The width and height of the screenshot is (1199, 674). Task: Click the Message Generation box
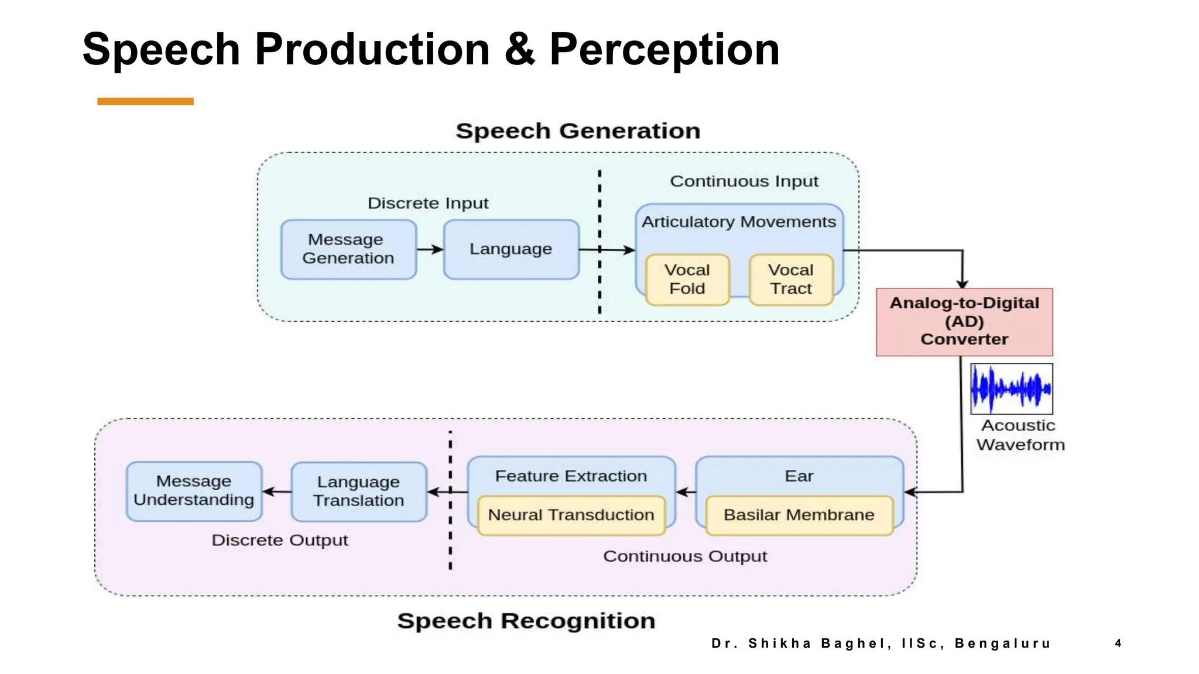coord(348,249)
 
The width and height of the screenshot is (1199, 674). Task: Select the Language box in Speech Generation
coord(511,249)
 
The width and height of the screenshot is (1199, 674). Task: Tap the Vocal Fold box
coord(687,280)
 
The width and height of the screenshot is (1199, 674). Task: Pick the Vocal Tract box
coord(791,280)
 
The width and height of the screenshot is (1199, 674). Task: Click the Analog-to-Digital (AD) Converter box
coord(964,322)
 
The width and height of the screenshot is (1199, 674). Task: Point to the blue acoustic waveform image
coord(1011,388)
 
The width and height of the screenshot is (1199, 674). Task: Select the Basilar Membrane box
coord(799,515)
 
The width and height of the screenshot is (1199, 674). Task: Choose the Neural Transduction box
coord(571,515)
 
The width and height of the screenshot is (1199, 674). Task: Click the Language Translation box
coord(358,491)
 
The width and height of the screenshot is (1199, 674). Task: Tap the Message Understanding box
coord(194,491)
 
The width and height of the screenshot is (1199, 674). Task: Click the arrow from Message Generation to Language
coord(430,249)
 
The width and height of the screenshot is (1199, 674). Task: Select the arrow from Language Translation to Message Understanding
coord(277,491)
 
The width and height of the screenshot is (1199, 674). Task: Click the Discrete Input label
coord(427,203)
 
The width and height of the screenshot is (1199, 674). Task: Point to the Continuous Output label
coord(684,556)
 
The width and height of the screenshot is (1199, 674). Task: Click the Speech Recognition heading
coord(526,621)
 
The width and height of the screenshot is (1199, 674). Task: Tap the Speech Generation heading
coord(578,131)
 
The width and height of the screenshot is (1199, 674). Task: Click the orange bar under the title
coord(145,101)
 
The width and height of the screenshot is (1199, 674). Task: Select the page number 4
coord(1118,643)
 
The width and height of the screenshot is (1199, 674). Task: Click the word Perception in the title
coord(664,49)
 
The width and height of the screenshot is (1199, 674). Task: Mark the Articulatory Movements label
coord(738,222)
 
